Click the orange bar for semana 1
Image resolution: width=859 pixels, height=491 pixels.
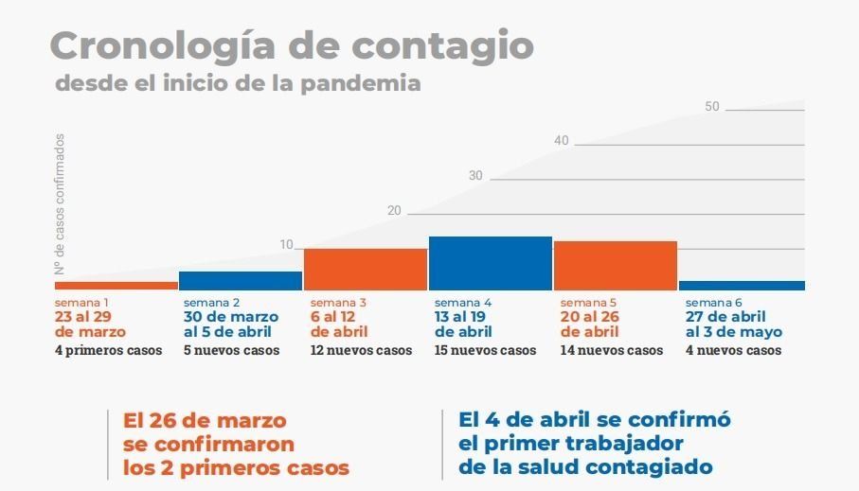116,285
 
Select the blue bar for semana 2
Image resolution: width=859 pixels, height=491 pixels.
241,280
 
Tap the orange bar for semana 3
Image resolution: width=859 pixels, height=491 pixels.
366,269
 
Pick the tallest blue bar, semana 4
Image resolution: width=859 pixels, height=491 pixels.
491,263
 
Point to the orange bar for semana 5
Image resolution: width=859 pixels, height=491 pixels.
616,265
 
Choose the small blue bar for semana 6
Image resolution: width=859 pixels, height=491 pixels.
742,285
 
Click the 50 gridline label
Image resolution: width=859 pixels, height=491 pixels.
712,107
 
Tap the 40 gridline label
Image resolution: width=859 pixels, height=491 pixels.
562,141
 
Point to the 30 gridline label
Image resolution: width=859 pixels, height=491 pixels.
475,176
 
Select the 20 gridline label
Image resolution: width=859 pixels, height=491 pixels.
394,210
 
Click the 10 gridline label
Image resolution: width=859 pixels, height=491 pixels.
286,245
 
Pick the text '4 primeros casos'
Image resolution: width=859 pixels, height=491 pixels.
108,350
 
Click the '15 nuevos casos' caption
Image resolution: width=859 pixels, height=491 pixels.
485,350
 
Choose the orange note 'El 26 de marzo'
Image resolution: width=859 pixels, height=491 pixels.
205,419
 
